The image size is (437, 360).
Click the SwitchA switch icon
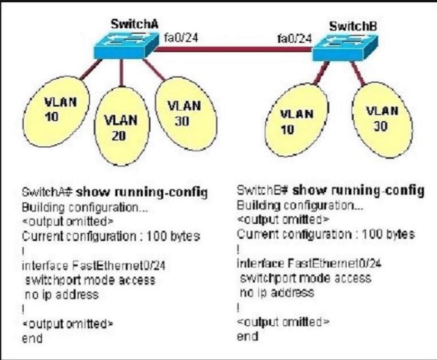126,45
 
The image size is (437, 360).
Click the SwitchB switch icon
345,47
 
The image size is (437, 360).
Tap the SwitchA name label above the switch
135,24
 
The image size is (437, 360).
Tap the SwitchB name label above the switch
353,26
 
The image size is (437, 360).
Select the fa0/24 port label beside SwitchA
181,38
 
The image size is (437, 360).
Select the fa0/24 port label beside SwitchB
294,39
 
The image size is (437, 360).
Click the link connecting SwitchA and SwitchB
233,49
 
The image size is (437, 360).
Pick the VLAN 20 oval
122,126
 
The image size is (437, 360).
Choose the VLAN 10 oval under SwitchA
56,111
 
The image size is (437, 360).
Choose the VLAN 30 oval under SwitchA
186,114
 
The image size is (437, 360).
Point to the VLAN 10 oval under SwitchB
297,120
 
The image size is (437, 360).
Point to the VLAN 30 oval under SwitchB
382,120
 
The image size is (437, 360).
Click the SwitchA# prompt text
47,192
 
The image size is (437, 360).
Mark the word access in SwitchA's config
137,280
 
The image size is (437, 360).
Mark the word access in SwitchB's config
353,278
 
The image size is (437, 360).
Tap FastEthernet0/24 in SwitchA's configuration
118,265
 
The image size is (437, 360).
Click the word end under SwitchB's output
247,336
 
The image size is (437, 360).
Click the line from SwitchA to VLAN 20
121,73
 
